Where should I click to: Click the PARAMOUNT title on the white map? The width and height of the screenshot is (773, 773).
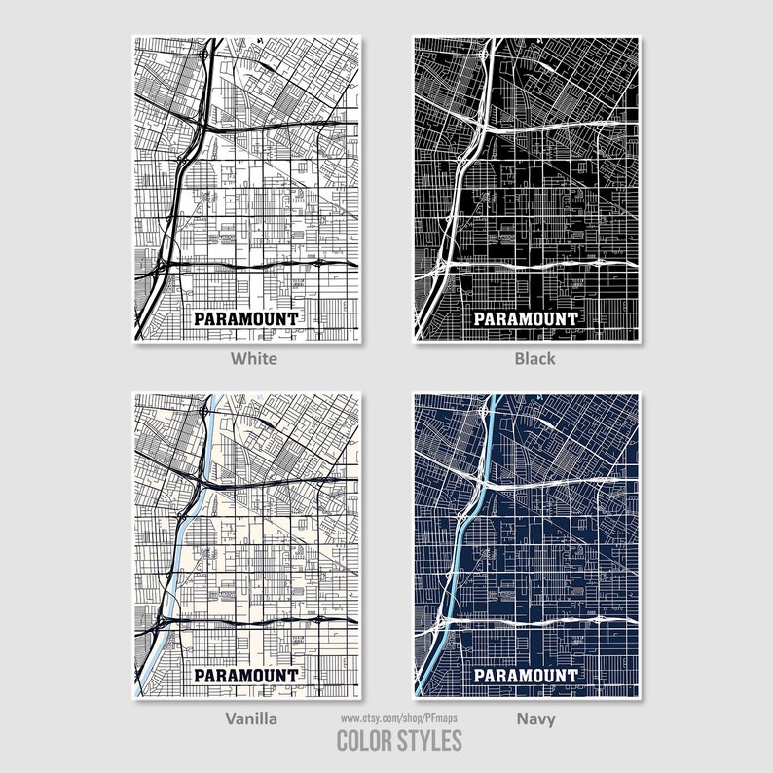point(246,318)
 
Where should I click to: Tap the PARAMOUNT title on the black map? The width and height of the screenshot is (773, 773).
point(526,318)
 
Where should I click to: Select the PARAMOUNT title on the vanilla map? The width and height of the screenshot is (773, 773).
point(246,675)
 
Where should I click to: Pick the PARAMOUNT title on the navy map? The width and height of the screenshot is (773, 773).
point(526,675)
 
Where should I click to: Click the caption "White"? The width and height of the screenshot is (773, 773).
point(253,358)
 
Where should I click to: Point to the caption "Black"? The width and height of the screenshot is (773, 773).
point(534,358)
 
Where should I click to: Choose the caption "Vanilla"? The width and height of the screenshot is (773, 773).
point(252,718)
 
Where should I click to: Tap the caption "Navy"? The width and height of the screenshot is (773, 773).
point(535,718)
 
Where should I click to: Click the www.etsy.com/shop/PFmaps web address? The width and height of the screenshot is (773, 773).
point(398,718)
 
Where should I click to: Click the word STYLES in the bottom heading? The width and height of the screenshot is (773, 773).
point(429,741)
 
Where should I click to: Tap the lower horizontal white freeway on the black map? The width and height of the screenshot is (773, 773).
point(545,265)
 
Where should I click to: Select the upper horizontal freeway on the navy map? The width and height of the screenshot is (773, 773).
point(555,482)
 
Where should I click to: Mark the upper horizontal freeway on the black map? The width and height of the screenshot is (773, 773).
point(555,126)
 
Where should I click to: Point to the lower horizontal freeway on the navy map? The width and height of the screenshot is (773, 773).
point(545,621)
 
